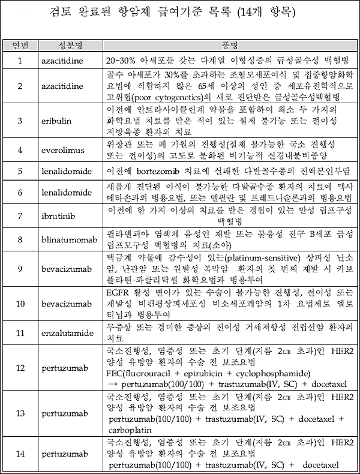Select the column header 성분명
click(x=69, y=46)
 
